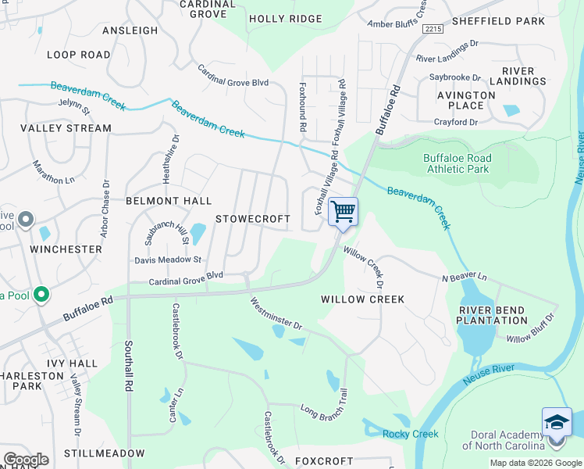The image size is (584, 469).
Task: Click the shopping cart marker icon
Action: tap(343, 212)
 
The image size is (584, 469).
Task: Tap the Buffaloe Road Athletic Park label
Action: tap(456, 163)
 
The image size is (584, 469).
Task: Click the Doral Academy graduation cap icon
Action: tap(557, 422)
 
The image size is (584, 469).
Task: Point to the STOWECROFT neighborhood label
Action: tap(252, 219)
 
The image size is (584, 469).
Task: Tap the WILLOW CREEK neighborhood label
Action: tap(362, 299)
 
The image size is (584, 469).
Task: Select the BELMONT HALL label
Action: tap(169, 201)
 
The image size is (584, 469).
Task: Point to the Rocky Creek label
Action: tap(410, 434)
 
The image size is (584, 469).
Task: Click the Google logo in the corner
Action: tap(26, 460)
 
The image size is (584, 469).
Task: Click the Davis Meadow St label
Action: tap(168, 260)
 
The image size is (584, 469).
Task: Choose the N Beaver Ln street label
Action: tap(464, 277)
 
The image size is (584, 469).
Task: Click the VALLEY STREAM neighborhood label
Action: tap(66, 128)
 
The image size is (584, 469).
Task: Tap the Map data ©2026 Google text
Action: tap(535, 463)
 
